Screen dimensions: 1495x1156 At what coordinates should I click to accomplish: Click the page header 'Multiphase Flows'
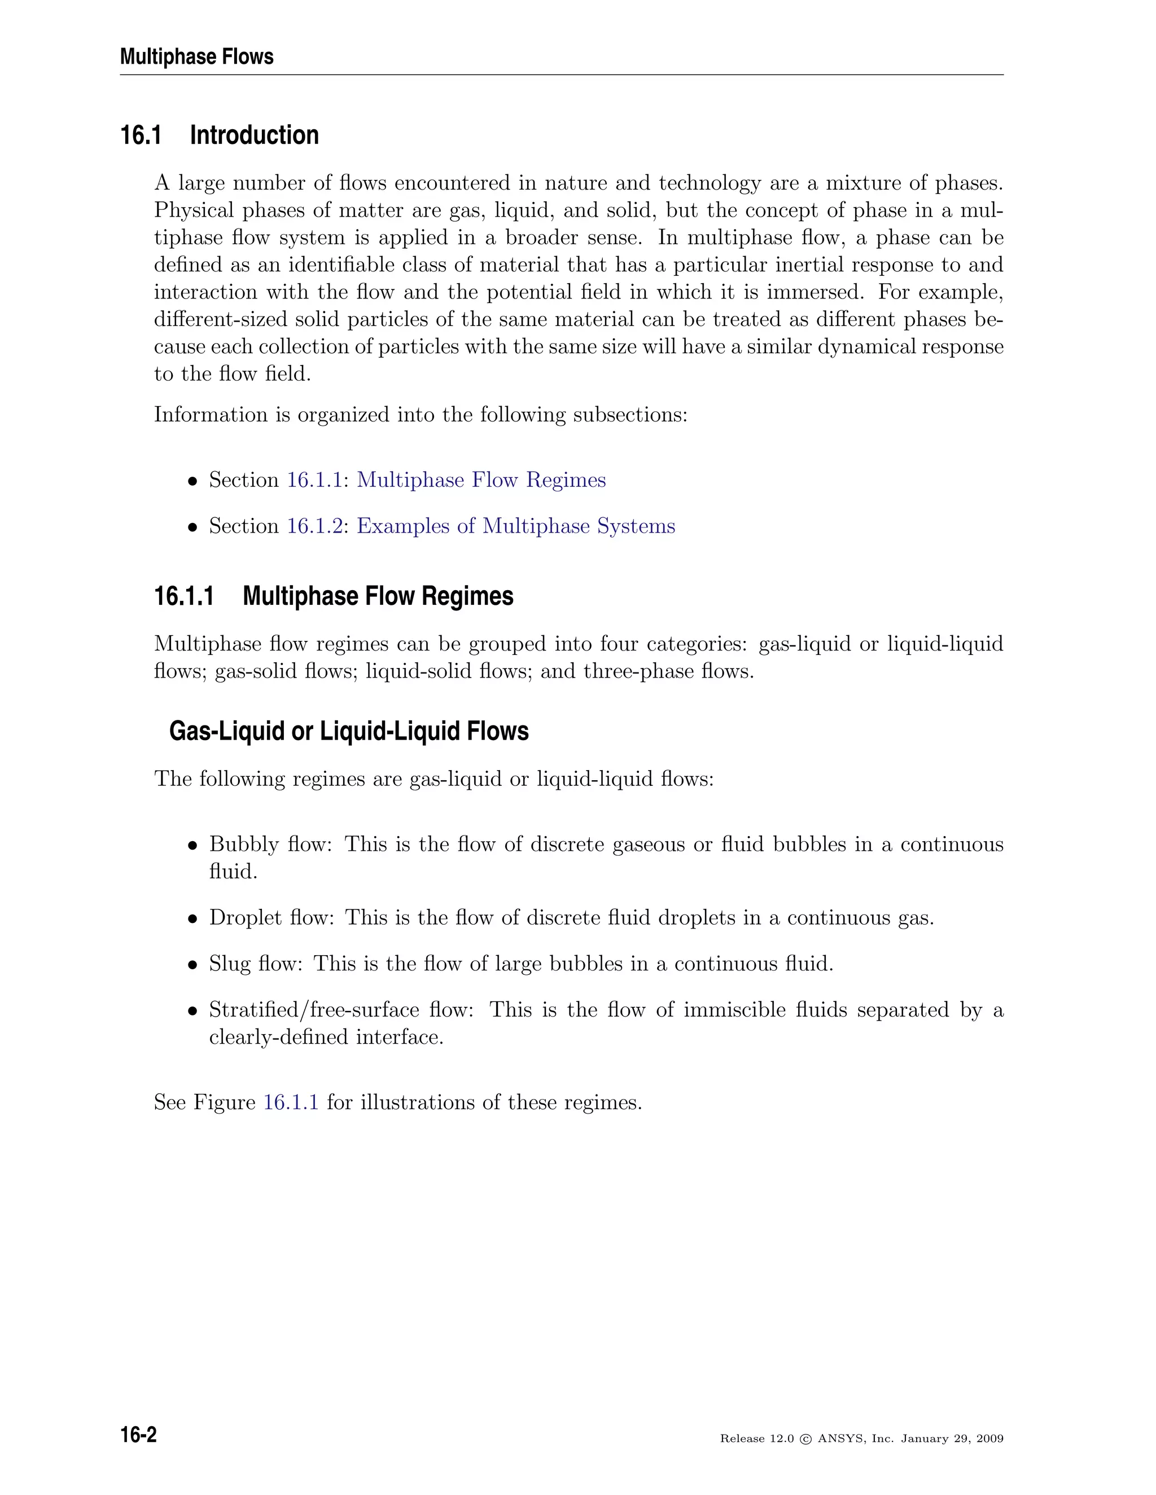point(196,57)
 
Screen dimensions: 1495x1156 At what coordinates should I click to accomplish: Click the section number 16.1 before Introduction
point(141,135)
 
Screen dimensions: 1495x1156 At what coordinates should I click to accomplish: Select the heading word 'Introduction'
point(254,135)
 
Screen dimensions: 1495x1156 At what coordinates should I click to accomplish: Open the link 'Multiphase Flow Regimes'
point(481,480)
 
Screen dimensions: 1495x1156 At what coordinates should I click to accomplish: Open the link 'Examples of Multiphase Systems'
point(516,526)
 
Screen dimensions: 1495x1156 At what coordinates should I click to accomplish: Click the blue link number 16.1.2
point(314,526)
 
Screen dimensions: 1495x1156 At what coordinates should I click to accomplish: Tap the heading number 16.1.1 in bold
point(183,596)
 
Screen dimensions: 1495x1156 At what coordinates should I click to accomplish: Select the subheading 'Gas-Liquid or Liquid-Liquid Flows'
point(349,731)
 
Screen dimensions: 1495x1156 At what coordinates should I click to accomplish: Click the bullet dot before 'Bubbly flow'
point(193,846)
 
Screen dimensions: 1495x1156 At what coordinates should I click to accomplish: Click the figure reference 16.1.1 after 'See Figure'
point(291,1102)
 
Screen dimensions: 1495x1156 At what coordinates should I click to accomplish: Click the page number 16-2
point(138,1435)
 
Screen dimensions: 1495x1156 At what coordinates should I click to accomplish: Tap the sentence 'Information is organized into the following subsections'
point(420,415)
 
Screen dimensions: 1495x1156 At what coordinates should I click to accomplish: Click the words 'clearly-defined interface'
point(326,1037)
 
